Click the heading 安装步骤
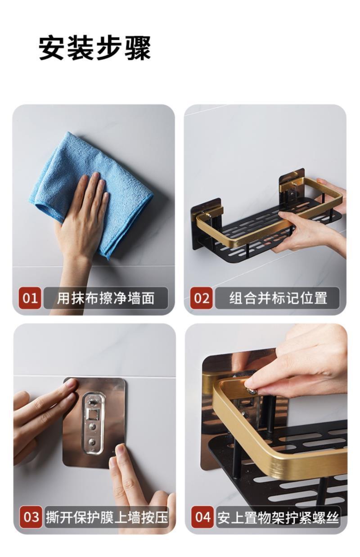95,48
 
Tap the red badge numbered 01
30,298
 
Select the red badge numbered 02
202,298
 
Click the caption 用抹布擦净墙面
106,298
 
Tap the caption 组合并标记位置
278,298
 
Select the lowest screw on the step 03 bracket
92,442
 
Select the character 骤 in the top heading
138,48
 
